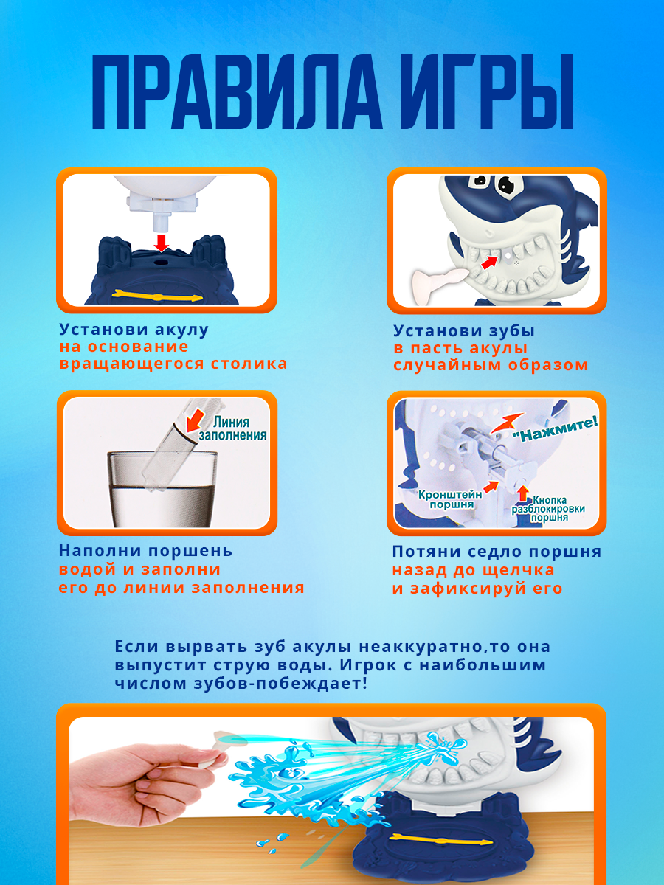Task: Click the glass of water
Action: tap(163, 487)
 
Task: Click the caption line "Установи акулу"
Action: tap(134, 330)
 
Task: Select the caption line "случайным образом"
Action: tap(491, 365)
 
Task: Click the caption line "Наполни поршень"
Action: tap(145, 551)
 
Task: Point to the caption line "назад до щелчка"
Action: tap(473, 570)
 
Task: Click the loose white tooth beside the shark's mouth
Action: tap(435, 281)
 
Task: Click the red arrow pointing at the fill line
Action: tap(195, 420)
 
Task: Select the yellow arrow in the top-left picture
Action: tap(156, 296)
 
